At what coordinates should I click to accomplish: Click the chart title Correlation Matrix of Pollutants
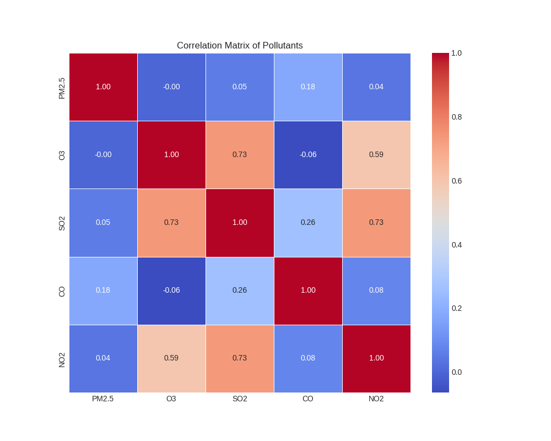tap(240, 46)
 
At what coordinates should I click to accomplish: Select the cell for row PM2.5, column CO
tap(308, 87)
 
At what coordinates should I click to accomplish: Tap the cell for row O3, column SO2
tap(240, 155)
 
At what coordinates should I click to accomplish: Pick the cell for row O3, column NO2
tap(376, 155)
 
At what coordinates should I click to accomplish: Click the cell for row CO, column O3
tap(171, 291)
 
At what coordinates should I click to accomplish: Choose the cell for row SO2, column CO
tap(308, 223)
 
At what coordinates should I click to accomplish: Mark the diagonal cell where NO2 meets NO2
tap(376, 358)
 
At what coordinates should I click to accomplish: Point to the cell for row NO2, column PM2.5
tap(103, 358)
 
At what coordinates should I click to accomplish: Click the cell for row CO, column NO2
tap(376, 291)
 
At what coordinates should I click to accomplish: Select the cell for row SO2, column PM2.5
tap(103, 223)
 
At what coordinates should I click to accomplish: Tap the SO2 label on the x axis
tap(240, 399)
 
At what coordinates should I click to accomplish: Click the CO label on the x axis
tap(308, 399)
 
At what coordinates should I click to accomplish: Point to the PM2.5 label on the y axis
tap(62, 88)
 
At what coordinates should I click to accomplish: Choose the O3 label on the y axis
tap(62, 155)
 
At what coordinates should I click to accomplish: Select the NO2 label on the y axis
tap(62, 359)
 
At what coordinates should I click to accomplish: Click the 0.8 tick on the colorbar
tap(457, 117)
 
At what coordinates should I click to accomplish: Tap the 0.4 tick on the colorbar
tap(457, 245)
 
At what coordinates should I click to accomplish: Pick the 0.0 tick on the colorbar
tap(457, 372)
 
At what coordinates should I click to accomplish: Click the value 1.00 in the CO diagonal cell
tap(308, 291)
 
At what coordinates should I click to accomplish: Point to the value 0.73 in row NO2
tap(240, 358)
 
